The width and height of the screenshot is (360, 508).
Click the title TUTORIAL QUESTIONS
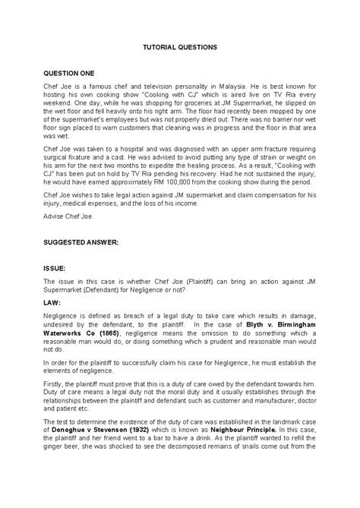(x=180, y=47)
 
